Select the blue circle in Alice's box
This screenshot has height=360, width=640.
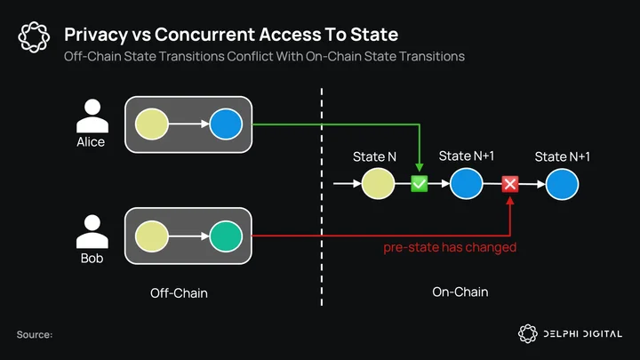coord(226,124)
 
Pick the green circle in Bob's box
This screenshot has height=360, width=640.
coord(226,236)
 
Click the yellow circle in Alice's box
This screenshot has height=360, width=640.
coord(152,124)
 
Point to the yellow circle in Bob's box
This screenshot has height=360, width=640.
coord(152,236)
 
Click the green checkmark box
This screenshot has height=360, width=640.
coord(420,184)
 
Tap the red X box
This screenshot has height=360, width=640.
coord(510,184)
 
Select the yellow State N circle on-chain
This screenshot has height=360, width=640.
coord(378,184)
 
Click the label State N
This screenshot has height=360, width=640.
coord(374,156)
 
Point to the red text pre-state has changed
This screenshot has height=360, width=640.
coord(450,247)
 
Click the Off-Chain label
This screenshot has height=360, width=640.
coord(179,293)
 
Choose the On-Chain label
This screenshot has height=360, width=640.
coord(460,292)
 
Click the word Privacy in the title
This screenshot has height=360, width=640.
coord(96,35)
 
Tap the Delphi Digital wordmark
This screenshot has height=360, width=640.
coord(582,334)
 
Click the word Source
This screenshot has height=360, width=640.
coord(35,335)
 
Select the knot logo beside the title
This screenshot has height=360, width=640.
coord(34,37)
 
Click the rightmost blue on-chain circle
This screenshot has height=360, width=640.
coord(562,184)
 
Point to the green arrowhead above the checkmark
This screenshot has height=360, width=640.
coord(420,167)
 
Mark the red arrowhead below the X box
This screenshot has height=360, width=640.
coord(510,201)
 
